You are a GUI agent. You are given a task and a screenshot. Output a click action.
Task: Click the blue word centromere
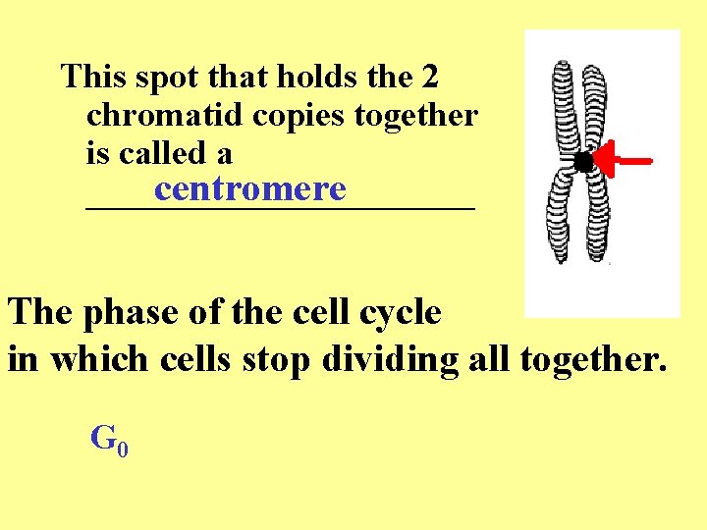[249, 188]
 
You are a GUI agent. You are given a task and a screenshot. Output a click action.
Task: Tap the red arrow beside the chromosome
[624, 160]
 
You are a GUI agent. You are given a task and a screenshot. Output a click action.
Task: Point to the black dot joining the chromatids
[583, 162]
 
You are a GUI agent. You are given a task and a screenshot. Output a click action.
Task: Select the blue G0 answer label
[109, 440]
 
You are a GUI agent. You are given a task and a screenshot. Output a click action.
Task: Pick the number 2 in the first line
[429, 76]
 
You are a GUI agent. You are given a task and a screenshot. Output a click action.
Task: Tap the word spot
[164, 77]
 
